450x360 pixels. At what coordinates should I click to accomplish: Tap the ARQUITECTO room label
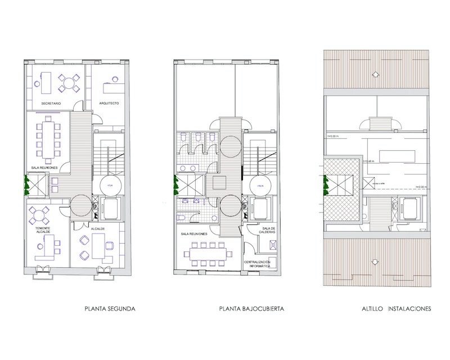coord(109,103)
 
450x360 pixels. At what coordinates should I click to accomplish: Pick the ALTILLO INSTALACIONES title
coord(397,309)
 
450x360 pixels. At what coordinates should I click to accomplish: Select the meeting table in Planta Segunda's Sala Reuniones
coord(47,139)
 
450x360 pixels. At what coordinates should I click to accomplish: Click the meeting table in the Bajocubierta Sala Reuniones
coord(208,252)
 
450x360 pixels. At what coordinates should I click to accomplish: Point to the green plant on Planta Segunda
coord(25,184)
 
